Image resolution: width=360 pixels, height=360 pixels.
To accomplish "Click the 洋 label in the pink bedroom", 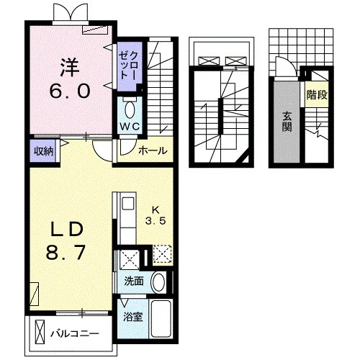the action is tap(70, 68).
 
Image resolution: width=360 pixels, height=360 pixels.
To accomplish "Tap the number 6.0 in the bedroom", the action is tap(70, 91).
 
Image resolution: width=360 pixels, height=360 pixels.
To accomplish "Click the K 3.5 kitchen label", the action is tap(156, 216).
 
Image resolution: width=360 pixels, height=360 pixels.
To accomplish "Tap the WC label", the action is tap(130, 127).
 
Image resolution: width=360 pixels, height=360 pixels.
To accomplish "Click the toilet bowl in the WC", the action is tap(130, 110).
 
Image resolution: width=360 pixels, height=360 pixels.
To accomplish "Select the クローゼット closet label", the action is tap(128, 66).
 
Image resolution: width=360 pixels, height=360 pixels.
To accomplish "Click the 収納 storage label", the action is tap(43, 151).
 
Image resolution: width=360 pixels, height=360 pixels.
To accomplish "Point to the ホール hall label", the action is tap(153, 150).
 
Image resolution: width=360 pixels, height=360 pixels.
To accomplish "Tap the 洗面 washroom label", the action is tap(134, 281).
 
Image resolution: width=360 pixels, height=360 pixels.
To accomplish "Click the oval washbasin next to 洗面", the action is tap(158, 282).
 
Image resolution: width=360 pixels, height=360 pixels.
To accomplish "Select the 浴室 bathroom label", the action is tap(133, 317).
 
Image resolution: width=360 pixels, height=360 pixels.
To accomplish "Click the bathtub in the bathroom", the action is tap(161, 318).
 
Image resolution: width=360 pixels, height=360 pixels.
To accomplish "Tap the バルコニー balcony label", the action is tap(75, 334).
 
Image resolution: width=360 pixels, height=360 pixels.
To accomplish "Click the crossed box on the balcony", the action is tap(40, 332).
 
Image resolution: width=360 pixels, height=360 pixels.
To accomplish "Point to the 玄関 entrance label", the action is tap(287, 122).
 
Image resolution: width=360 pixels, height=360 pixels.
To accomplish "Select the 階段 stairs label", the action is tap(317, 95).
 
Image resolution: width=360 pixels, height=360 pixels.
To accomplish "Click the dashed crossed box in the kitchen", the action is tap(162, 255).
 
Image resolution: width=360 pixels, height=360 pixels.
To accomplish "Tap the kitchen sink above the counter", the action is tap(128, 203).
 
